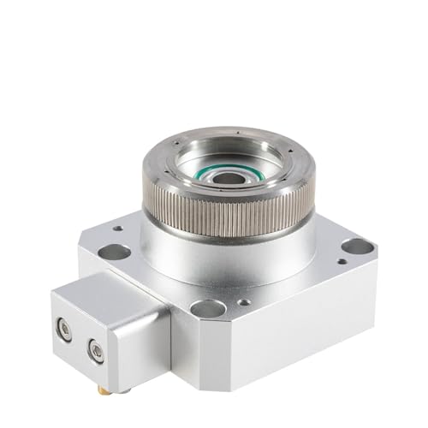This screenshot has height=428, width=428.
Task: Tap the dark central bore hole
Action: click(231, 178)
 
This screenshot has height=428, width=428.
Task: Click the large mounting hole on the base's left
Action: click(113, 253)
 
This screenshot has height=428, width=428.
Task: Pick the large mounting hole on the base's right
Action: click(357, 247)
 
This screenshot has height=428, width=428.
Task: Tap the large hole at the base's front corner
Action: click(207, 308)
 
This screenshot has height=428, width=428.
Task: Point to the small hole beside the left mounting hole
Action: click(117, 229)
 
